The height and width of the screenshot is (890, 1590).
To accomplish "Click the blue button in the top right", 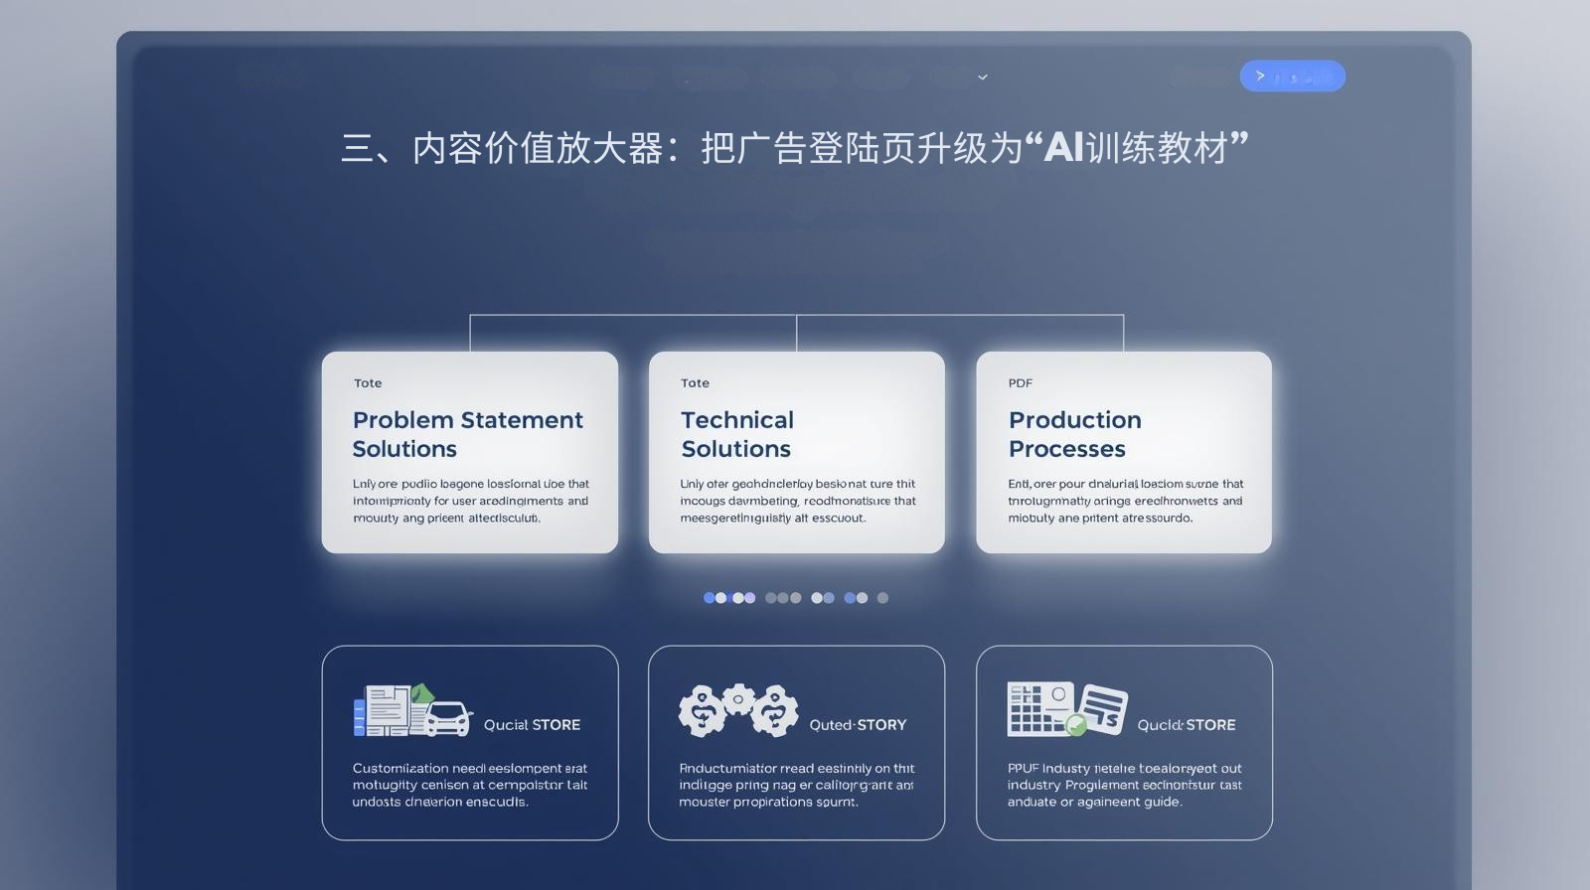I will [1292, 76].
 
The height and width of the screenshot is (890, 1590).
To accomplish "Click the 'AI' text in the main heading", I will [1063, 148].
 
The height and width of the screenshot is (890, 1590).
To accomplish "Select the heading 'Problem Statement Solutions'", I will [467, 434].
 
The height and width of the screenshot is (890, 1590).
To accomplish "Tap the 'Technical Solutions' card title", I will [736, 434].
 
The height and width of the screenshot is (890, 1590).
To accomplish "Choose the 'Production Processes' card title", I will [1074, 434].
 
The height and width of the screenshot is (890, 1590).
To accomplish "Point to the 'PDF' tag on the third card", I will [1020, 383].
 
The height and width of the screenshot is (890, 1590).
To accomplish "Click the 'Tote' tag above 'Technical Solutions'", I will [695, 383].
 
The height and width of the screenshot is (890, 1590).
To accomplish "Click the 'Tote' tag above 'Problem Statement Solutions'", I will [368, 383].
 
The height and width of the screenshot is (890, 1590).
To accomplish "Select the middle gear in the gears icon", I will [738, 699].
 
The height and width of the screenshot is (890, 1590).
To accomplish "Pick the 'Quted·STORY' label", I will [858, 725].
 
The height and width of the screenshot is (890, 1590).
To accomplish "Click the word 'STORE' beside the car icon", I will [556, 725].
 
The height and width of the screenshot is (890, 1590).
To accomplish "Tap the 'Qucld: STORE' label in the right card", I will [1187, 725].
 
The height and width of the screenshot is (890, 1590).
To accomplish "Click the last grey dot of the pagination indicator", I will [882, 598].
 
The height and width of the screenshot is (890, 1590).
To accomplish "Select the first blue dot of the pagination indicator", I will [710, 598].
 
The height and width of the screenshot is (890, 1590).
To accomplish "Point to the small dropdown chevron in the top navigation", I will [983, 77].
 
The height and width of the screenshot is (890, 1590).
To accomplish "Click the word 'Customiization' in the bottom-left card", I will [400, 768].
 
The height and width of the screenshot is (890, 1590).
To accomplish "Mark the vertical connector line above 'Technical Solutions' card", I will [796, 334].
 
